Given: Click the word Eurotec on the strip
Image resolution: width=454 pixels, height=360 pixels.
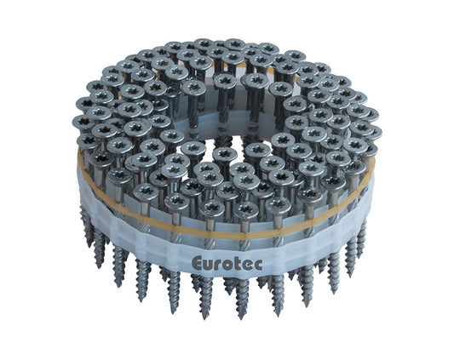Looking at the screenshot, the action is [x=227, y=264].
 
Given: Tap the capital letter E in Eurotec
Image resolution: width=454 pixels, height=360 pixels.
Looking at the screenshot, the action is [x=197, y=263].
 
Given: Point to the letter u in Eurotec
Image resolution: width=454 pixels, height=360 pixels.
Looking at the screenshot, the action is [x=209, y=265].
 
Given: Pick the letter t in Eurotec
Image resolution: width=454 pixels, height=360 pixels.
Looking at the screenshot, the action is [x=237, y=264].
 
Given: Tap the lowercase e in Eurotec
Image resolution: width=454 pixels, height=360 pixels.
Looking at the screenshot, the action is [x=246, y=265].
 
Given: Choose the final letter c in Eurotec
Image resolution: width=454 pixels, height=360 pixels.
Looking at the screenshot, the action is [x=258, y=264].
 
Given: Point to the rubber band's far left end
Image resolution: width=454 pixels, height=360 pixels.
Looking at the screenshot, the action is [x=78, y=162].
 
